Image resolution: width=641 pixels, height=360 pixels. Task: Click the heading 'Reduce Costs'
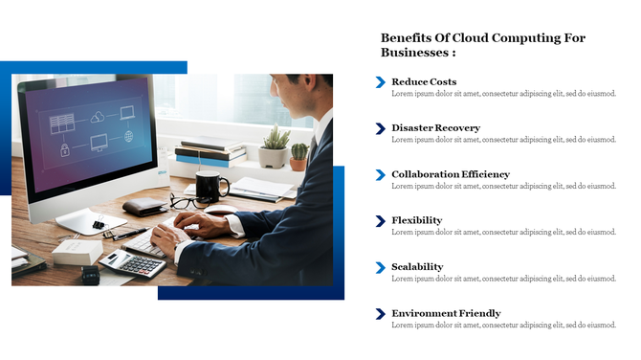[x=424, y=82]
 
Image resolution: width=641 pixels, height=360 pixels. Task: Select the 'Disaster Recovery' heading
[x=435, y=128]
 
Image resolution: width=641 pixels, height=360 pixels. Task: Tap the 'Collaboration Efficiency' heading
[x=451, y=174]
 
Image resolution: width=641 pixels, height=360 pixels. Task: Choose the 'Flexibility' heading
[x=416, y=220]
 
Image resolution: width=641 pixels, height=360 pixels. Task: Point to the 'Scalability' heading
[x=417, y=267]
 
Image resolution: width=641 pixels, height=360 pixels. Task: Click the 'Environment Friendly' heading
[x=446, y=313]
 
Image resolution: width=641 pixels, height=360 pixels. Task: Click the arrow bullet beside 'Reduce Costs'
[x=381, y=82]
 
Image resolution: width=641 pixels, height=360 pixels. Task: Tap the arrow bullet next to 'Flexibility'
[x=381, y=221]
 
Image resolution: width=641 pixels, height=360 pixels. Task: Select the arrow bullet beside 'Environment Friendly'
[x=381, y=314]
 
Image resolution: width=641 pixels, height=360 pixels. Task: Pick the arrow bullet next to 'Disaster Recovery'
[x=381, y=128]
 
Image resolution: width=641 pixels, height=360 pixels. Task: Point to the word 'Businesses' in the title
[x=414, y=53]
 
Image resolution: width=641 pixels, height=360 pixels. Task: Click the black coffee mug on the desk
[x=210, y=184]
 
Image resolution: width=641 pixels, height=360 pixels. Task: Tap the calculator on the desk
[x=133, y=263]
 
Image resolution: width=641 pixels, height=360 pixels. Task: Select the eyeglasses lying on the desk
[x=190, y=202]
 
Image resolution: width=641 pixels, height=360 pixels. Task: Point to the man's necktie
[x=313, y=149]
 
